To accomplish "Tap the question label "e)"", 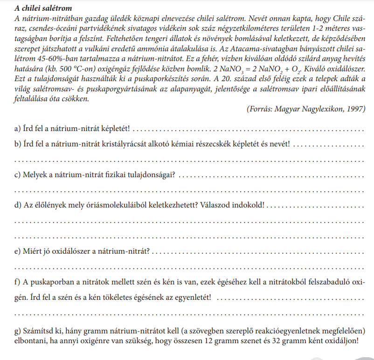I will tap(19, 251).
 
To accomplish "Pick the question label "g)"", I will tap(19, 331).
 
